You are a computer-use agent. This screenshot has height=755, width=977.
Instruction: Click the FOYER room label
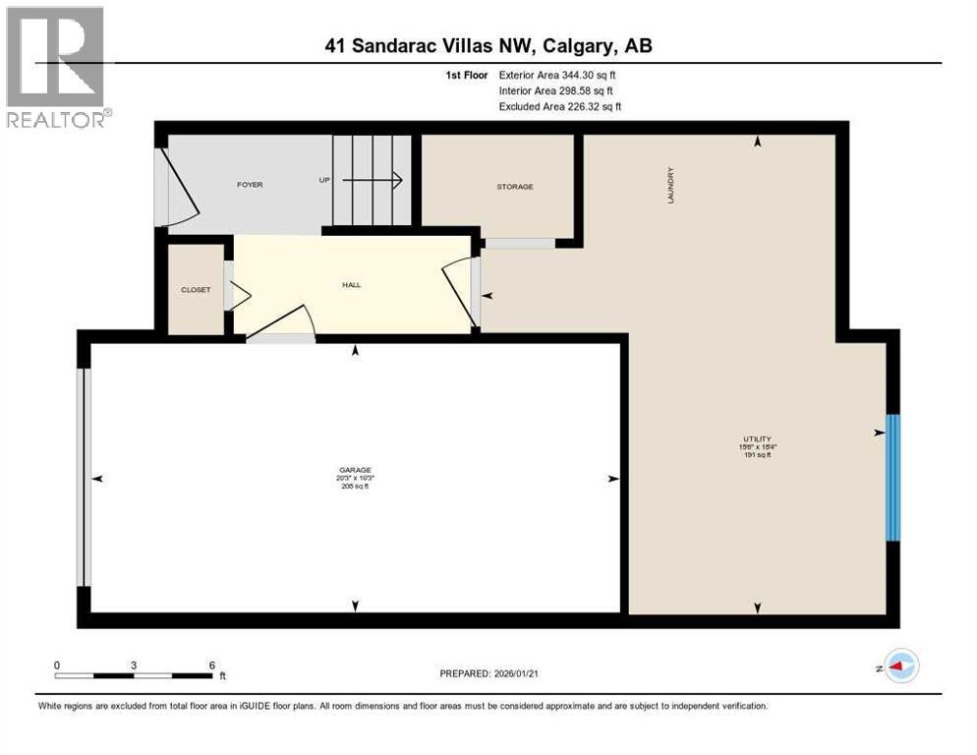point(249,185)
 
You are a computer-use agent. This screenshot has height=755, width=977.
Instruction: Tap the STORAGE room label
point(514,186)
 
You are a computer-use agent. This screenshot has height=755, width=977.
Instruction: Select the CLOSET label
point(196,290)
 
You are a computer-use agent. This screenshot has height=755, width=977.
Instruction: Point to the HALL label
point(351,285)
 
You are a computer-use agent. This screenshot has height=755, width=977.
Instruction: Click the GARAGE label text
point(356,470)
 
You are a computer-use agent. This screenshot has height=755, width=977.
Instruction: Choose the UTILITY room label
point(756,438)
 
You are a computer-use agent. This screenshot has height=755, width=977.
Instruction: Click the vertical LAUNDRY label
point(670,185)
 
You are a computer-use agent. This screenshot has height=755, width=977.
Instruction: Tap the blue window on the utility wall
point(892,477)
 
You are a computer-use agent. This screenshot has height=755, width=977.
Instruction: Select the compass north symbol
point(900,667)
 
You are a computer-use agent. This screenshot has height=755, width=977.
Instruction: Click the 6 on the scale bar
point(211,665)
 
